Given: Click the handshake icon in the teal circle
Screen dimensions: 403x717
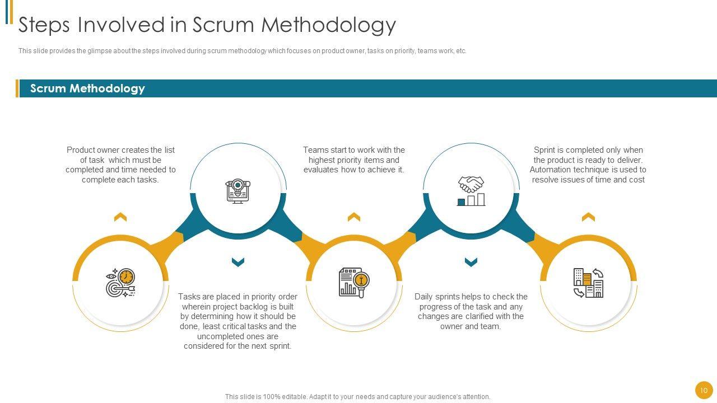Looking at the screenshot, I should click(471, 191).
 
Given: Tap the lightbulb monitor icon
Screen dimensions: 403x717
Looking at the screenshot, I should click(238, 191).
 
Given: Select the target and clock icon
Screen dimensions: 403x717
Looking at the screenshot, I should click(120, 283).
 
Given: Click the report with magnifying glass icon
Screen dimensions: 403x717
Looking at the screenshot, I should click(354, 283).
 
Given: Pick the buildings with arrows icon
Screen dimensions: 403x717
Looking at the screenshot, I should click(588, 283).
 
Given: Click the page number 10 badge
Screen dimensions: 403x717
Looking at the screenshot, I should click(704, 390).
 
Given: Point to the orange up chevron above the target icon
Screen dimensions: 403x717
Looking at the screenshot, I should click(120, 217).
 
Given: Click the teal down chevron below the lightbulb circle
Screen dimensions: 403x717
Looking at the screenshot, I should click(238, 262).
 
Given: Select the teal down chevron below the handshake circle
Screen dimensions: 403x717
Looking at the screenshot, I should click(471, 262).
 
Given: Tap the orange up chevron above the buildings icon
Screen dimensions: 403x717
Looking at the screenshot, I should click(588, 217).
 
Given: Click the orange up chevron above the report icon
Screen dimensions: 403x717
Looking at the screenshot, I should click(354, 217).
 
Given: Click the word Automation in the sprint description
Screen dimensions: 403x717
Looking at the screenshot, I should click(550, 170).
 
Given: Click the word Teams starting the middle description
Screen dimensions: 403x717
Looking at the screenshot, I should click(315, 150).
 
